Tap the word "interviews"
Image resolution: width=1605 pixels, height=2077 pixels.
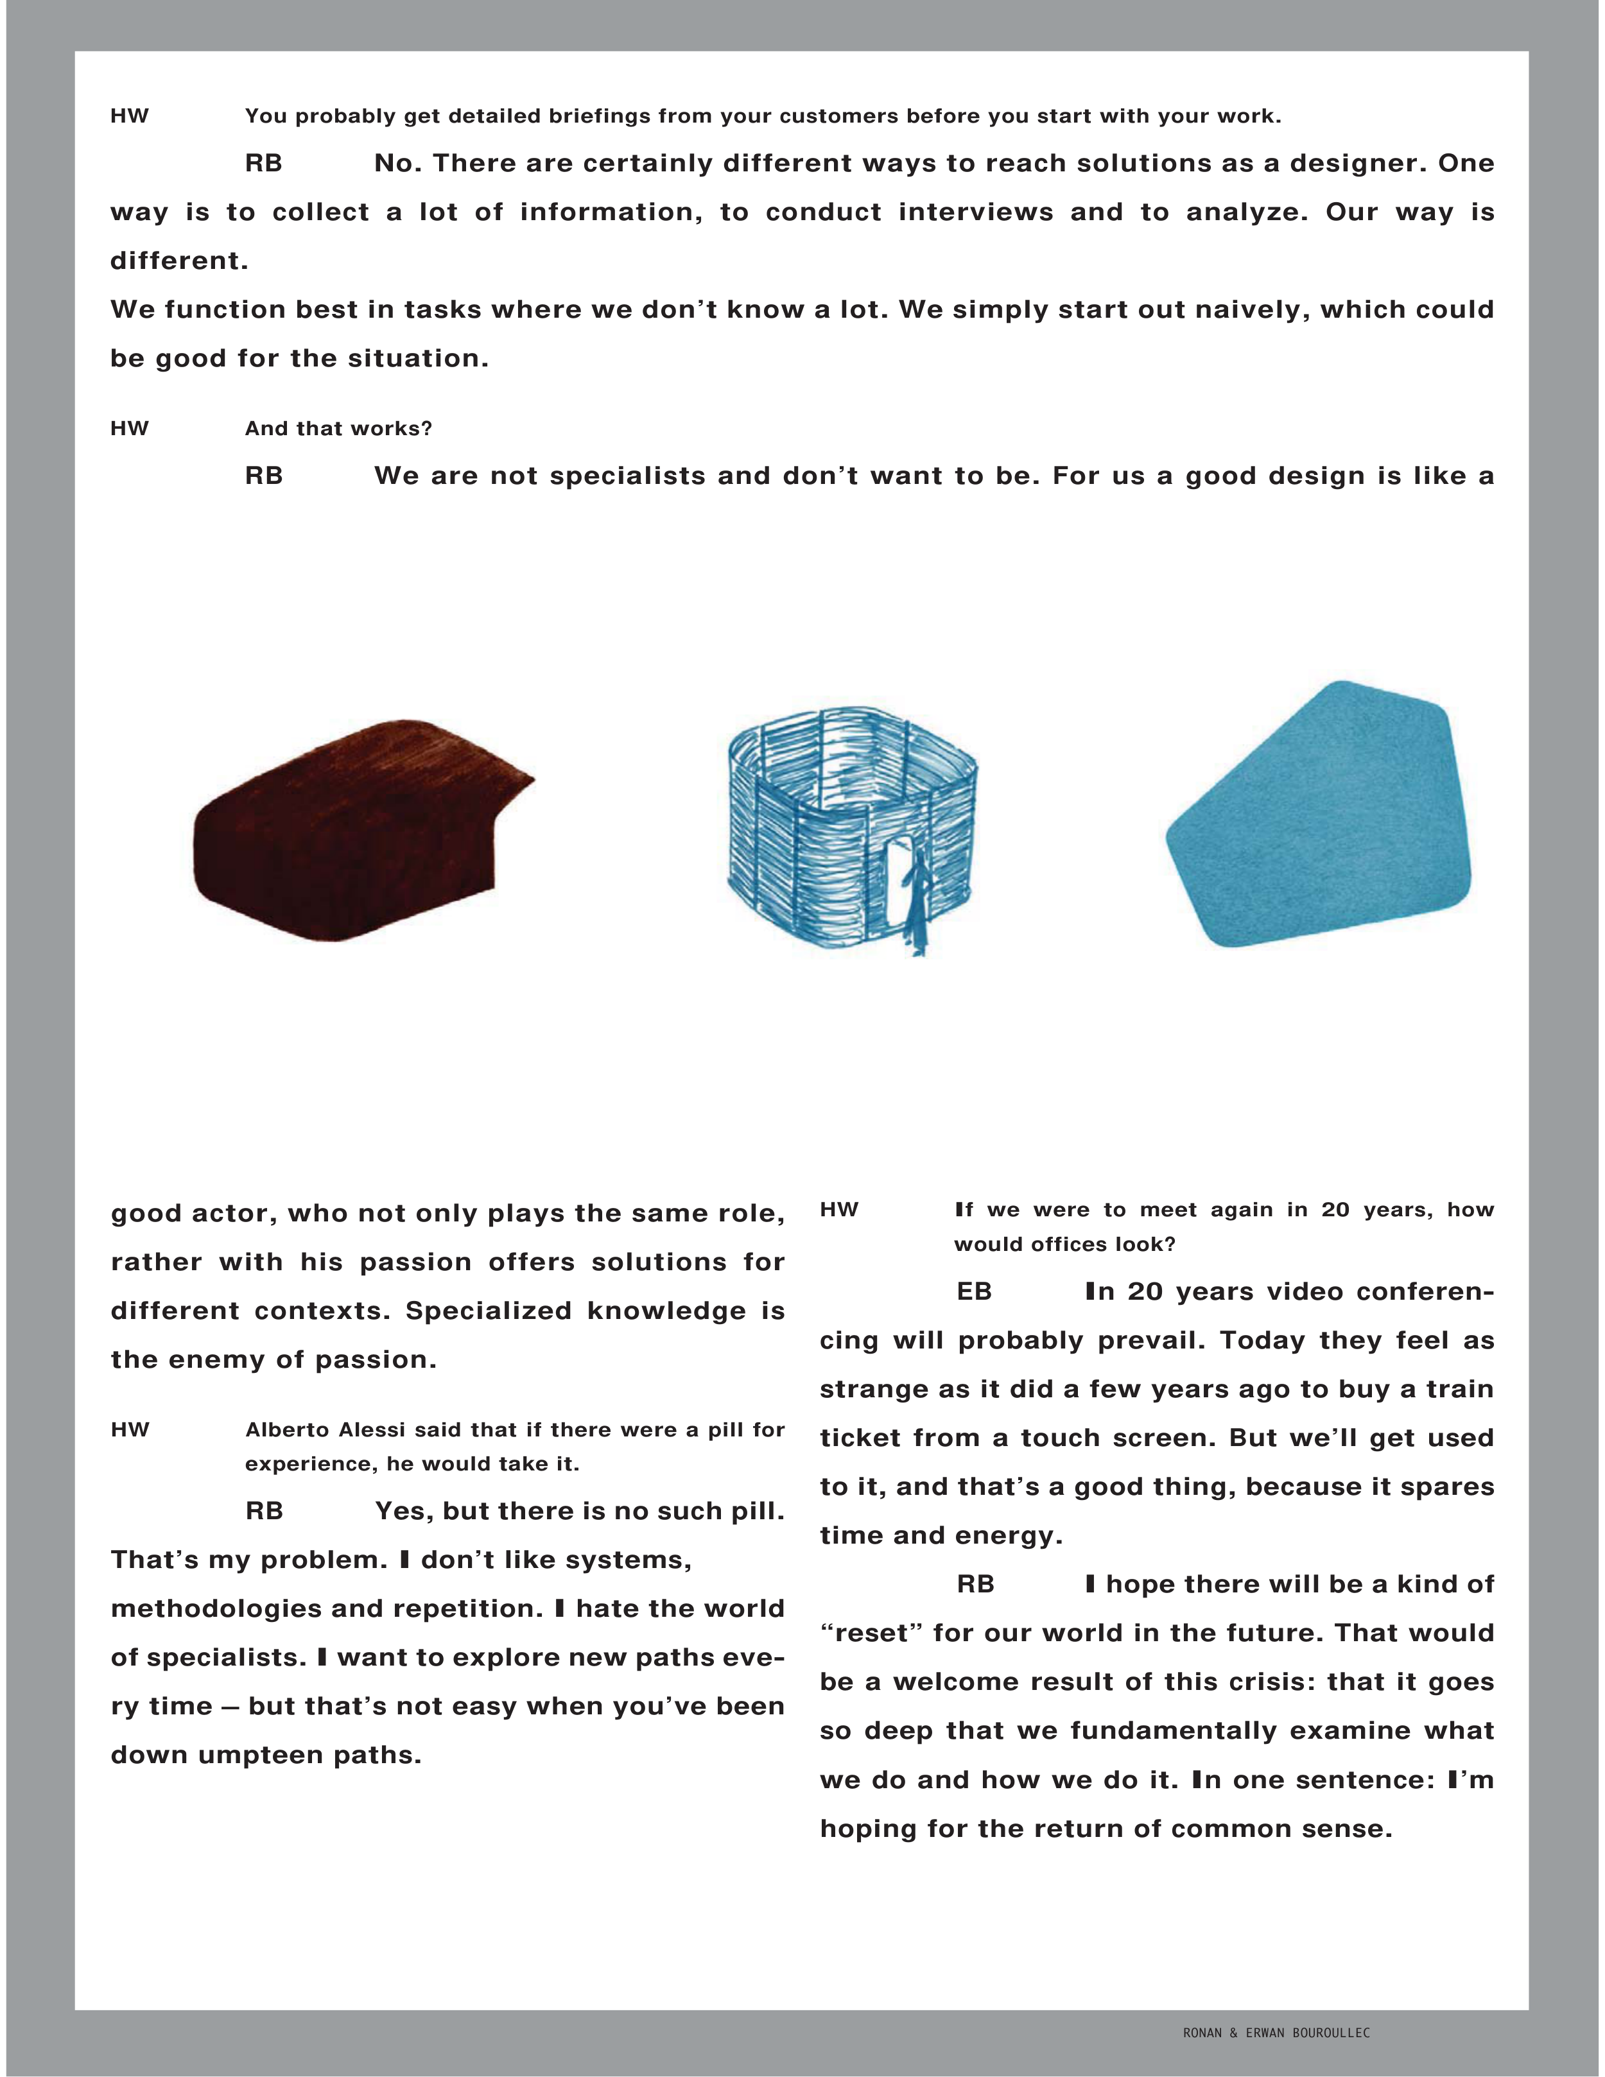pos(975,212)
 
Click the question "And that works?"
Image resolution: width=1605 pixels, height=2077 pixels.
pos(338,429)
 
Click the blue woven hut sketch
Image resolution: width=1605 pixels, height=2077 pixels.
pos(851,827)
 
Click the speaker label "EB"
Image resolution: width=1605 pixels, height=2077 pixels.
pos(974,1291)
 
